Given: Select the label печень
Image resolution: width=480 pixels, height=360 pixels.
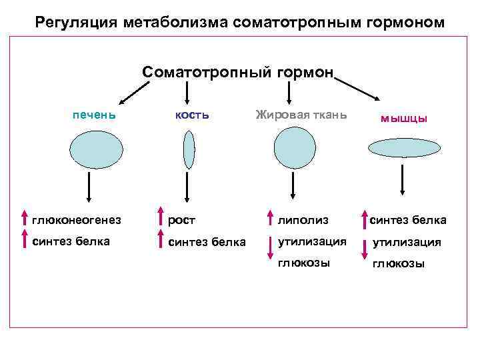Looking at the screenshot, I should [94, 114].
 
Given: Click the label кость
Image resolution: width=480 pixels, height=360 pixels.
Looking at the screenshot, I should [192, 114].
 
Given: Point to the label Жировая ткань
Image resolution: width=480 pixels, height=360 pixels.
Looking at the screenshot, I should [301, 114].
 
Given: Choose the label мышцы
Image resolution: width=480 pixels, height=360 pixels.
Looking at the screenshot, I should [404, 118].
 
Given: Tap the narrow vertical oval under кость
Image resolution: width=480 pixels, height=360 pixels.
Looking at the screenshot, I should [189, 150].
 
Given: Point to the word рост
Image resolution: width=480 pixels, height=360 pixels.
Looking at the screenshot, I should [181, 219].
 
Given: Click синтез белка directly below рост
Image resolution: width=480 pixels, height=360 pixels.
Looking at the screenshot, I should [207, 242].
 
